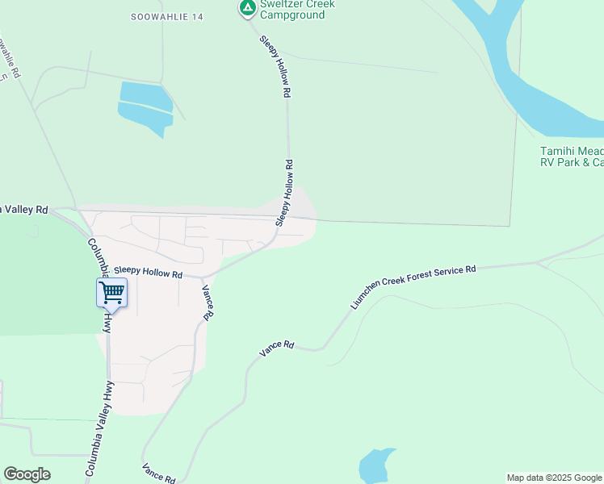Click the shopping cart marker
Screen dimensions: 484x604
tap(111, 292)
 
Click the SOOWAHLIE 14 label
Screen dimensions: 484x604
tap(167, 16)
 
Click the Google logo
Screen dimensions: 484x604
tap(27, 474)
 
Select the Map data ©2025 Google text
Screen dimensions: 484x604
tap(554, 478)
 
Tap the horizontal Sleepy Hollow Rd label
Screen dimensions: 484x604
tap(148, 273)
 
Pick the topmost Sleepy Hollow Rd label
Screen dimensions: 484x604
tap(275, 67)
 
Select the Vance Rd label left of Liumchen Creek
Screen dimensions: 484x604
tap(277, 348)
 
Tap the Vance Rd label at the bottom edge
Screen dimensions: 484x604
tap(158, 474)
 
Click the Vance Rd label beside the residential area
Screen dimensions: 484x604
tap(208, 303)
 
